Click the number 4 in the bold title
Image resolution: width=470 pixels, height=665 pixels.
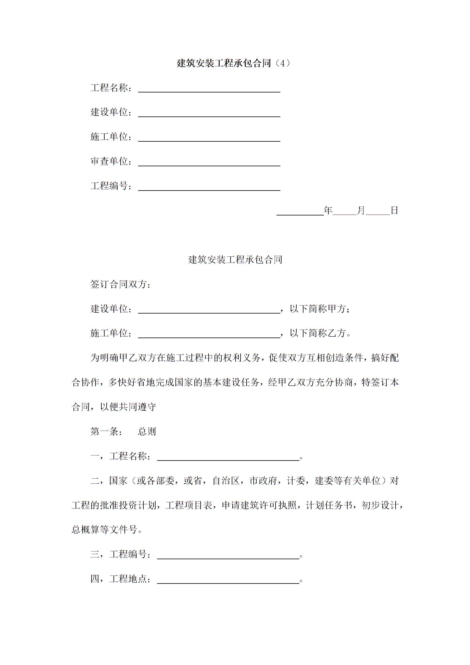282,63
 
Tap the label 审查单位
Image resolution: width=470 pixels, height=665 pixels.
109,161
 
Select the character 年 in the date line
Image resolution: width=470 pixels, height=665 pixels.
328,210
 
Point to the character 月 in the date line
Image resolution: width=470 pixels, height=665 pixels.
361,210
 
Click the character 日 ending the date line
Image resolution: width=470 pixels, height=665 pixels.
394,210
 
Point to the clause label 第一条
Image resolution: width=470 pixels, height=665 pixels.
104,431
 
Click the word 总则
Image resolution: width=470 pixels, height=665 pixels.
147,431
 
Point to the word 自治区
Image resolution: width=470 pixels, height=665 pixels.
226,481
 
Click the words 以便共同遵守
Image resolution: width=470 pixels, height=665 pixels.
128,407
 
